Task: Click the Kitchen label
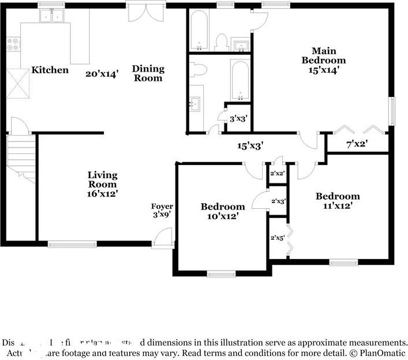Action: [50, 70]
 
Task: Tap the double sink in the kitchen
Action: [52, 17]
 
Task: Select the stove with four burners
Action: [13, 44]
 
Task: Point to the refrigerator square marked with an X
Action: [17, 83]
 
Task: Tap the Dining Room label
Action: [148, 73]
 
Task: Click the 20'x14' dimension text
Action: [102, 73]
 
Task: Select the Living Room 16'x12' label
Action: [103, 184]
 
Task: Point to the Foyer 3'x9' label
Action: [162, 210]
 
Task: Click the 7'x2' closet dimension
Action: [357, 145]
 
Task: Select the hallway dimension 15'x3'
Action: [250, 146]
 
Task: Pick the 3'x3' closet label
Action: [238, 119]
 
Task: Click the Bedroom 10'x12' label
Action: [222, 211]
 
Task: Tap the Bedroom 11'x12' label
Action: [337, 200]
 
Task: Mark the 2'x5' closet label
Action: [278, 237]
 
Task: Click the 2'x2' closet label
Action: [278, 173]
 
